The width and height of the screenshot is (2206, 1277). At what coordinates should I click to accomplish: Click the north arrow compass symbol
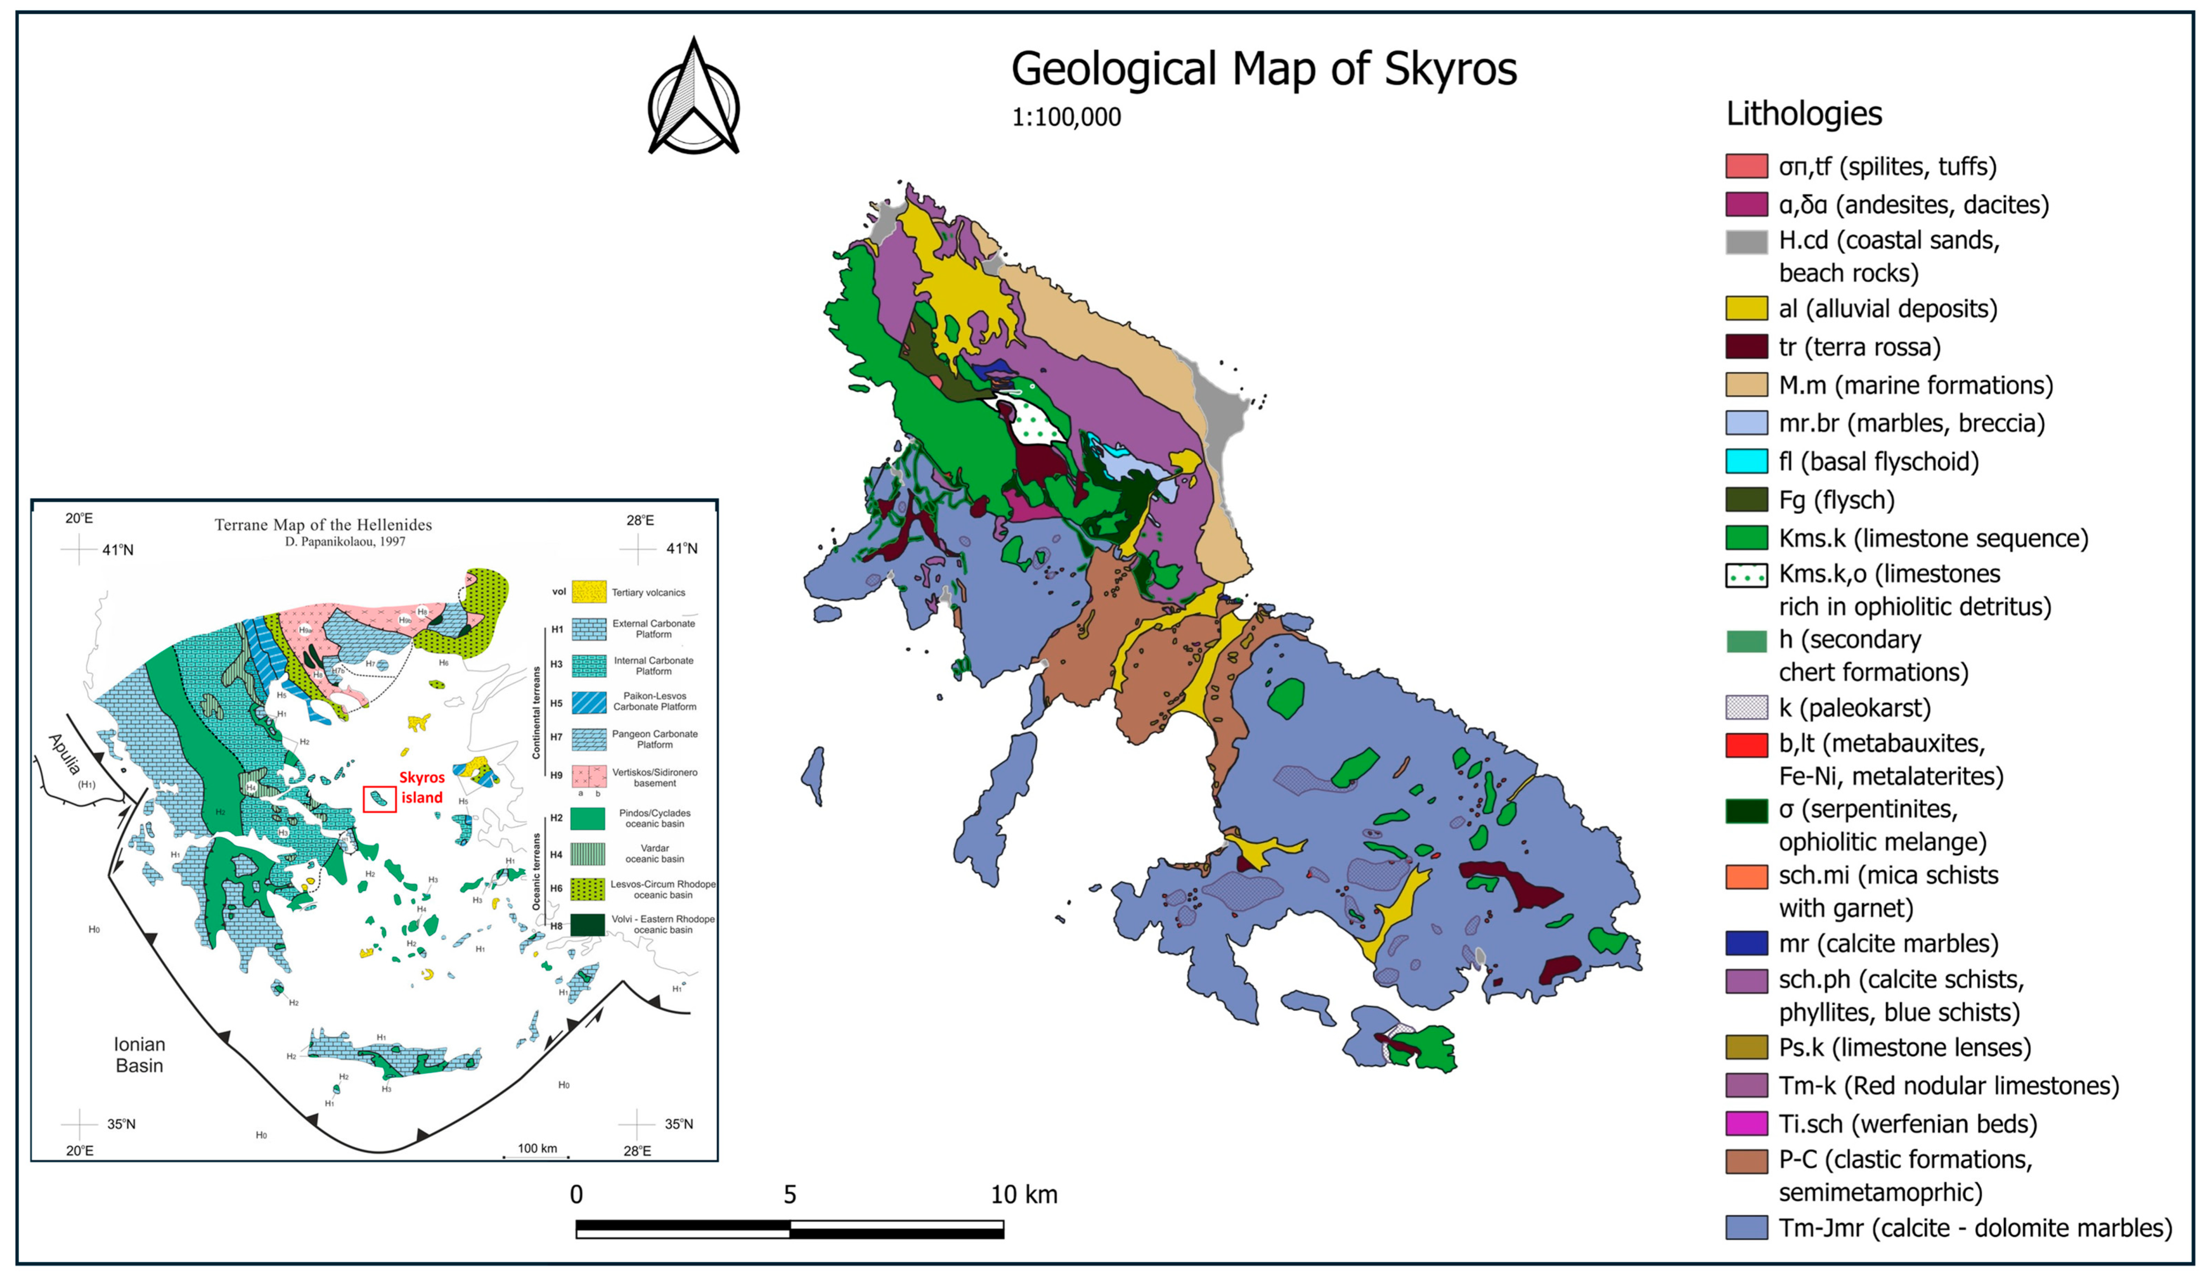tap(693, 98)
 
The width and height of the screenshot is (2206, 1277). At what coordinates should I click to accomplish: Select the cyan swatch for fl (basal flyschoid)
tap(1745, 461)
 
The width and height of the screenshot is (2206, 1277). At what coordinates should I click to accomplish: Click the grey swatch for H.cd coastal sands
tap(1745, 242)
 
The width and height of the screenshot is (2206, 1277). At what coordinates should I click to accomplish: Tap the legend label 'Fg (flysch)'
tap(1836, 500)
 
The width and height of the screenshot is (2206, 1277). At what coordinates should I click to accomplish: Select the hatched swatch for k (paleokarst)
tap(1745, 707)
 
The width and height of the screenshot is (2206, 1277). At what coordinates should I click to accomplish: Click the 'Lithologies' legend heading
tap(1803, 114)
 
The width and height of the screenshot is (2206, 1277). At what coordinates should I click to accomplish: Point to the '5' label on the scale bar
tap(789, 1195)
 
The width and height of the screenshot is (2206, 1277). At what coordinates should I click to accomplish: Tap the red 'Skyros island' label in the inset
tap(422, 787)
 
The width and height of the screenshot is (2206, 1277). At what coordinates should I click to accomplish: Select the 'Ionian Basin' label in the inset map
tap(139, 1054)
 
